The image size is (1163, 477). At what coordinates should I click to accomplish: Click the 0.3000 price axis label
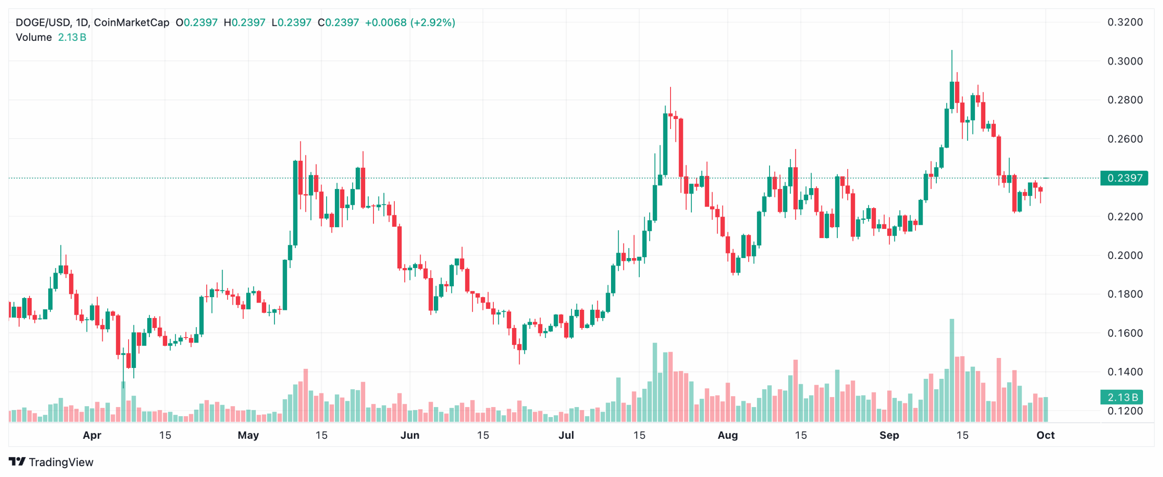point(1124,61)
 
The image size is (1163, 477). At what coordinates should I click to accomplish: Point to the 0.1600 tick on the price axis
point(1124,333)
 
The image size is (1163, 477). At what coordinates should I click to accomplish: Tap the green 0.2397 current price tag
point(1123,178)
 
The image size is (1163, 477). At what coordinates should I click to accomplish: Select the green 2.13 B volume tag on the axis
point(1123,397)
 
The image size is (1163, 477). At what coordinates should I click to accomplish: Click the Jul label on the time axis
point(566,435)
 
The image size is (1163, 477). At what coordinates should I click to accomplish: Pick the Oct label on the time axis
point(1045,435)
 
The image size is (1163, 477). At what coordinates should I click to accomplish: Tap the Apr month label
point(92,435)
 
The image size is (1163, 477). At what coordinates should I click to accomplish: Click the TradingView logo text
point(61,462)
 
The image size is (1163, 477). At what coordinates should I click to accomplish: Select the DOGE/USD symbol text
point(43,23)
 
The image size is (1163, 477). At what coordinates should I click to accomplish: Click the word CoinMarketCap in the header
point(131,23)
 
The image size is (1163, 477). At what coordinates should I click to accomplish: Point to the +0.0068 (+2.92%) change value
point(410,23)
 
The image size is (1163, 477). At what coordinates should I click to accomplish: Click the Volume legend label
point(34,37)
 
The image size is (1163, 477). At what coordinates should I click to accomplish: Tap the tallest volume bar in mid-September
point(951,370)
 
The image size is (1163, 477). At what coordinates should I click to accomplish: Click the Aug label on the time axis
point(727,435)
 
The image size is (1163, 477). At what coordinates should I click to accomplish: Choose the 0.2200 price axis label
point(1124,217)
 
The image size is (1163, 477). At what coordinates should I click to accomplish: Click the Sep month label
point(889,435)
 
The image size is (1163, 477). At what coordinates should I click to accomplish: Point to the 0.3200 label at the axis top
point(1124,22)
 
